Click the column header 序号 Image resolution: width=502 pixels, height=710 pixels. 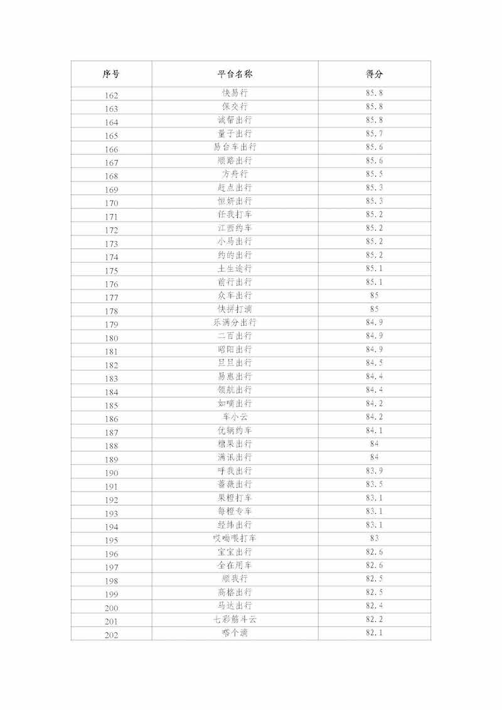tap(111, 74)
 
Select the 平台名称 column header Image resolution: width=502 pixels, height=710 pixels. tap(235, 74)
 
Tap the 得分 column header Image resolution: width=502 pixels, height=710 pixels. tap(374, 74)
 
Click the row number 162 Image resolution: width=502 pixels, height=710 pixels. tap(111, 95)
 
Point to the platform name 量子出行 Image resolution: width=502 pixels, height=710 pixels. tap(235, 134)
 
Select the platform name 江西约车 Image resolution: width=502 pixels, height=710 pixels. tap(235, 228)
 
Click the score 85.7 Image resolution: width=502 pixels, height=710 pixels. tap(374, 134)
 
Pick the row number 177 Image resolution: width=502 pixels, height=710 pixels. tap(111, 298)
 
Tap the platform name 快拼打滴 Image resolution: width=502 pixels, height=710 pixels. tap(235, 309)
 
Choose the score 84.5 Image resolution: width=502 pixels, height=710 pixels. tap(374, 363)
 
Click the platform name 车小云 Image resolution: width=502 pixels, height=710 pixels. tap(235, 417)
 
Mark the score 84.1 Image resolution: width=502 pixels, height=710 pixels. tap(374, 430)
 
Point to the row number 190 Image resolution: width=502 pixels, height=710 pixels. tap(111, 473)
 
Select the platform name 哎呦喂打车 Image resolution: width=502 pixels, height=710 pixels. tap(235, 538)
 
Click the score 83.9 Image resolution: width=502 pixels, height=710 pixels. tap(374, 471)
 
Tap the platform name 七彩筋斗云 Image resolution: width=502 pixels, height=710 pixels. tap(235, 619)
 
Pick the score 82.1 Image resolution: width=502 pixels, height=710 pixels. tap(374, 632)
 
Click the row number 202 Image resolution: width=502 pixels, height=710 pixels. tap(111, 635)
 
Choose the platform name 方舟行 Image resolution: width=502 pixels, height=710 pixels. tap(235, 174)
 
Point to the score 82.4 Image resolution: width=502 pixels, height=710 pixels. tap(374, 605)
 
